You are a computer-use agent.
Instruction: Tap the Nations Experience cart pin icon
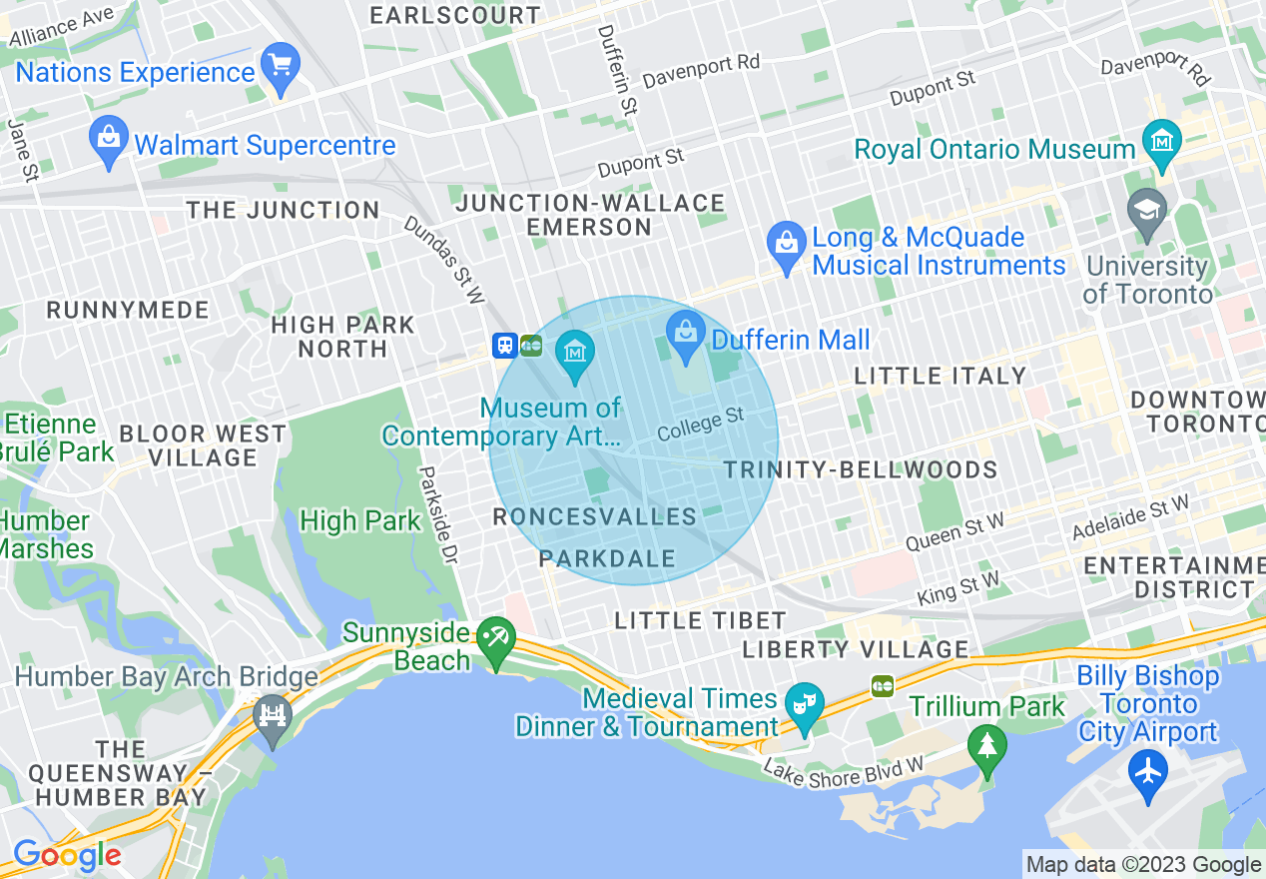[x=281, y=67]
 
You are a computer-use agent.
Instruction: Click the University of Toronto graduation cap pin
[x=1146, y=212]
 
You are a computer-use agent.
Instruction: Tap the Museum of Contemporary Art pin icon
[x=575, y=354]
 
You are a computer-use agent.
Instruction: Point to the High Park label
[x=360, y=521]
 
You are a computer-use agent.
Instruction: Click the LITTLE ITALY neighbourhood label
[x=941, y=377]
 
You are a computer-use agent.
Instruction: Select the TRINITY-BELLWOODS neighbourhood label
[x=860, y=470]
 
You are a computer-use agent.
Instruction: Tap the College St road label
[x=701, y=425]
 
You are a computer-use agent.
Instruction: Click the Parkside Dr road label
[x=436, y=516]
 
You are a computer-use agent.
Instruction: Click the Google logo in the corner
[x=67, y=856]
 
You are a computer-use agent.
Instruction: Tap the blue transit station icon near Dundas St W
[x=505, y=346]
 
